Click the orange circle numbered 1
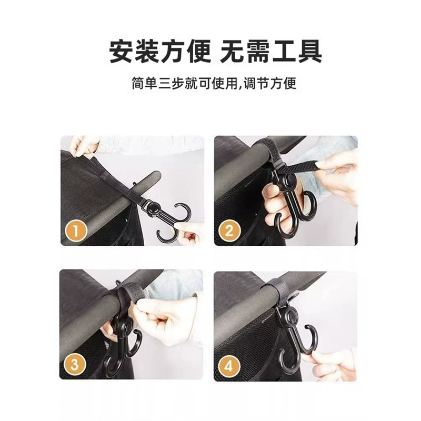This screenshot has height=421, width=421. point(75,231)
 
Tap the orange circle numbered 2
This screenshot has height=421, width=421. point(229,231)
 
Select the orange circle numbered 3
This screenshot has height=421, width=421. point(75,365)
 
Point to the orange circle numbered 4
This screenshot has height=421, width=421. point(229,366)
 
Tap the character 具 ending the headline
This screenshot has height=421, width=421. point(309,51)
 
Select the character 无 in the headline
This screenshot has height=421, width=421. point(233,51)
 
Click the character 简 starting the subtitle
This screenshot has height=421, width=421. point(137,83)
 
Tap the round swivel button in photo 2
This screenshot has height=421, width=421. point(290,179)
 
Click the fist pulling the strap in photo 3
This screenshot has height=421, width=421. point(158,316)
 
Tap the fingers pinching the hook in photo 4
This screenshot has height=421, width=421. point(330,363)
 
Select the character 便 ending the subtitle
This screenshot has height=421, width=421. point(290,83)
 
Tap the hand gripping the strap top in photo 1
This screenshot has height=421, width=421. point(84,146)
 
